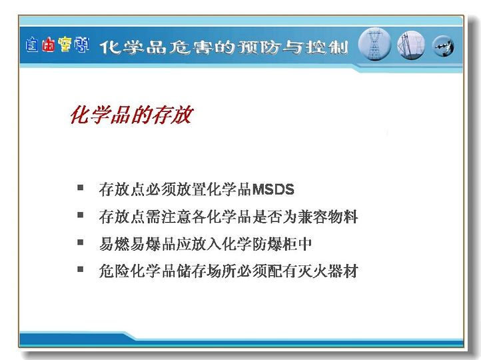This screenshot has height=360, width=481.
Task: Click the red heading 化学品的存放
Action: coord(132,115)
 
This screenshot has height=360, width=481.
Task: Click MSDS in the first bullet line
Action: coord(273,189)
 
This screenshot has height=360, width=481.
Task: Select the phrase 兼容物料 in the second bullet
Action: coord(327,217)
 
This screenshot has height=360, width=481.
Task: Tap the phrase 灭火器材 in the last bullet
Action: coord(327,271)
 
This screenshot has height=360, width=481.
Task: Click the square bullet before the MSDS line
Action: coord(81,187)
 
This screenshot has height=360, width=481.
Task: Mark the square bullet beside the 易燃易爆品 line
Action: coord(81,242)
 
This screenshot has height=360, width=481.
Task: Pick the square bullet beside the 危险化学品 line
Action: coord(81,269)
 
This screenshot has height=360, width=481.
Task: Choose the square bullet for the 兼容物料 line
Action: coord(81,215)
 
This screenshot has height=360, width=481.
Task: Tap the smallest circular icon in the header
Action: coord(443,47)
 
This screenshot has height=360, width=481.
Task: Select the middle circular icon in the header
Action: coord(411,45)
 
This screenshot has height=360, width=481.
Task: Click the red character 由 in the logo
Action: coord(49,45)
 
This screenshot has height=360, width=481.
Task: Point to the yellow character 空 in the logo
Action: coord(65,45)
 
